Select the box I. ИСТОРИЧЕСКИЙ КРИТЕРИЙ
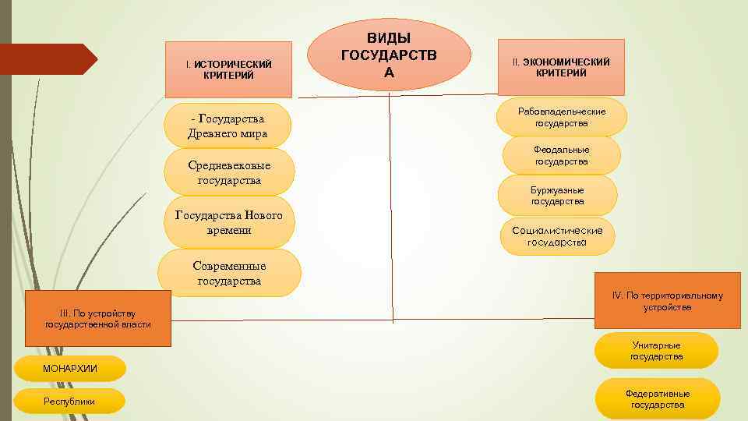point(228,69)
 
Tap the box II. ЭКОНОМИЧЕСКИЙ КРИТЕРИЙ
point(561,67)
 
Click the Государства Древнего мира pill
point(228,126)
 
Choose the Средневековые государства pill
point(229,172)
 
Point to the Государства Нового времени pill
point(229,222)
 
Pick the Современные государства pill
point(229,273)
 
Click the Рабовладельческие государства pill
point(562,118)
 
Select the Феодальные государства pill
point(561,155)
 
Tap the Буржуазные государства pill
point(558,195)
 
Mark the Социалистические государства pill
point(557,236)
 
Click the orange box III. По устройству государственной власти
point(97,318)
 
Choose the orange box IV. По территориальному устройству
point(667,301)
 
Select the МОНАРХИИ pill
point(70,368)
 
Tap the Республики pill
point(70,401)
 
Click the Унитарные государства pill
point(656,351)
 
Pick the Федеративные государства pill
point(658,398)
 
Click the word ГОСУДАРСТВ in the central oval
point(389,55)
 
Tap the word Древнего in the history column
point(213,133)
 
